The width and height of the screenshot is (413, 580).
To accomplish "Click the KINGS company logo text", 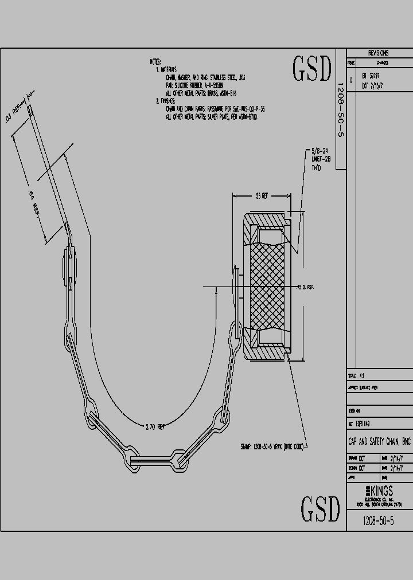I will click(x=379, y=491).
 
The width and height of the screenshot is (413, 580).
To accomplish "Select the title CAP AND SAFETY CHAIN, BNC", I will click(x=379, y=442).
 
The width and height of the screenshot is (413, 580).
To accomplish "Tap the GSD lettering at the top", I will click(x=313, y=69).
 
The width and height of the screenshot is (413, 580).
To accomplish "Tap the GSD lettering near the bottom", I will click(x=321, y=508).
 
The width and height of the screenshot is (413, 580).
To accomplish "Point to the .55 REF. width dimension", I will click(x=262, y=196).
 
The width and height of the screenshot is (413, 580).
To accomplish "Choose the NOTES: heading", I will click(x=155, y=61).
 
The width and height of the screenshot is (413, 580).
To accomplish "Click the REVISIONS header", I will click(x=378, y=52).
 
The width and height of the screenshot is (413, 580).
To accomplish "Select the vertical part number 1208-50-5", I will click(x=340, y=109).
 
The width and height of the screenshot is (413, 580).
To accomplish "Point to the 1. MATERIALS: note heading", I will click(x=169, y=69).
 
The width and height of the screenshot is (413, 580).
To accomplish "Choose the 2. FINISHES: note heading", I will click(x=167, y=101).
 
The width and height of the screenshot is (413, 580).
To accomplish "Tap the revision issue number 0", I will click(x=351, y=80).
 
